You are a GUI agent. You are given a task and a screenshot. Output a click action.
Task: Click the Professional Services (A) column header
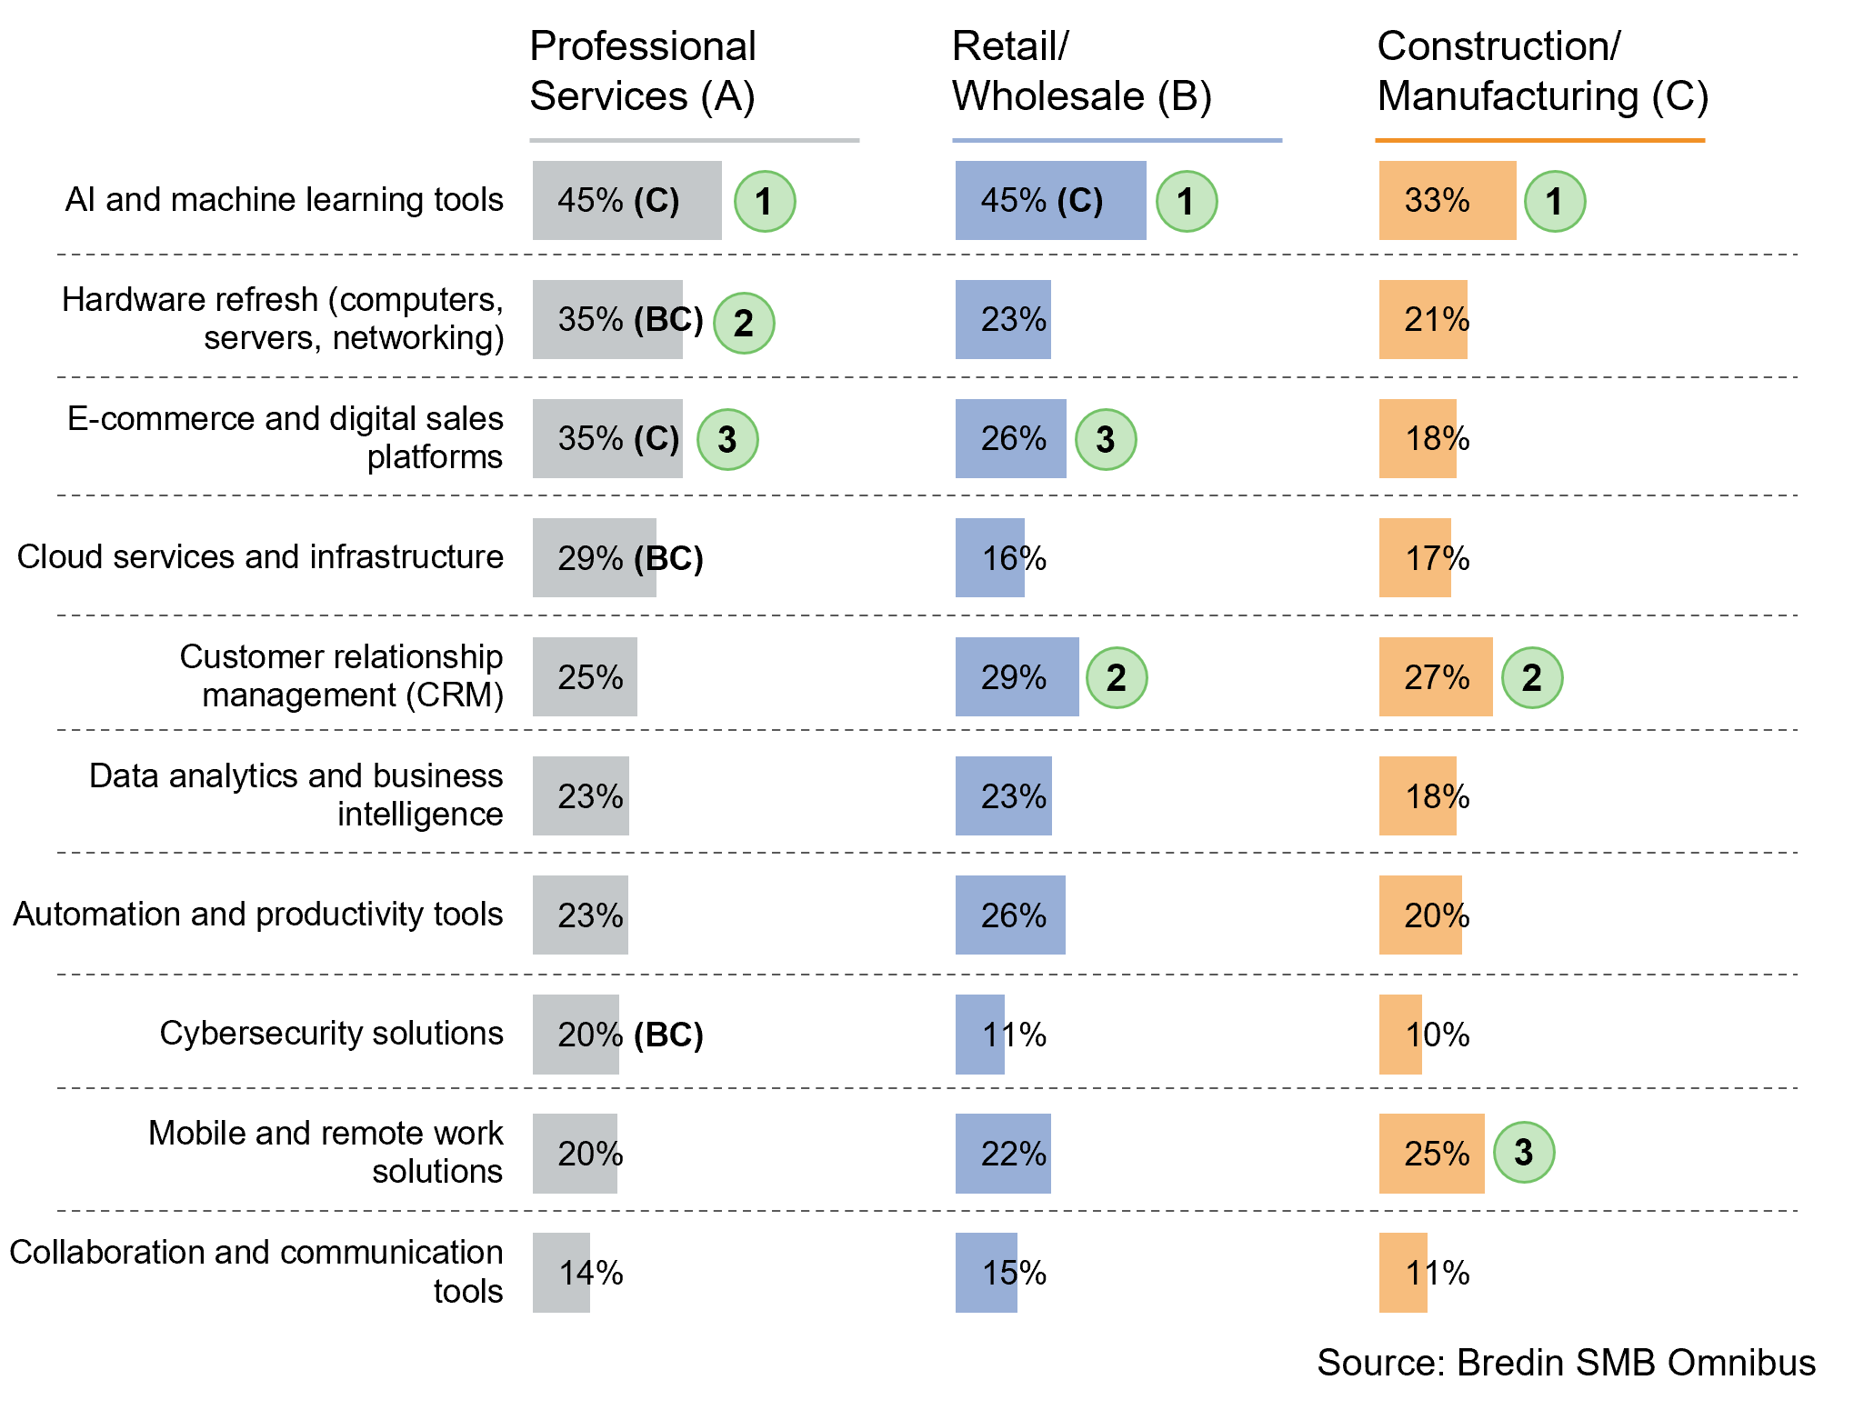[x=642, y=71]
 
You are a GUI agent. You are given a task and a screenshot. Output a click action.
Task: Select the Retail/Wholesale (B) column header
[x=1081, y=71]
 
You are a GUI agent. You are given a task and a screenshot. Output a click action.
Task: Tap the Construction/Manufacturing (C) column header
[x=1542, y=71]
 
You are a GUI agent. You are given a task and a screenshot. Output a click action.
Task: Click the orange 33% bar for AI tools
[x=1447, y=201]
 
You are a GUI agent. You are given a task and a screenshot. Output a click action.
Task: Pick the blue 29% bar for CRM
[x=1017, y=677]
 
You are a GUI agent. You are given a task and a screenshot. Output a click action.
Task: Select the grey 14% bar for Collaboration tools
[x=561, y=1273]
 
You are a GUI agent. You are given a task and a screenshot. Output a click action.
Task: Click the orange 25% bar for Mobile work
[x=1431, y=1154]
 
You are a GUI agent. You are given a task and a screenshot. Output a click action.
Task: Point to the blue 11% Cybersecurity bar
[x=979, y=1035]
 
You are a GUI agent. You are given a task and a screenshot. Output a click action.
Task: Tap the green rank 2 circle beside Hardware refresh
[x=744, y=323]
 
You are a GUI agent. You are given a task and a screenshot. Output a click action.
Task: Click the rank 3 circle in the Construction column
[x=1524, y=1153]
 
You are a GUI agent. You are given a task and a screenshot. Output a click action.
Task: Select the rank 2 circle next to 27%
[x=1532, y=677]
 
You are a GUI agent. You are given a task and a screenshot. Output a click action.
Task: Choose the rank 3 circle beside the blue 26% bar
[x=1106, y=440]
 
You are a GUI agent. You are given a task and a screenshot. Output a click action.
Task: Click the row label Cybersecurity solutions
[x=331, y=1034]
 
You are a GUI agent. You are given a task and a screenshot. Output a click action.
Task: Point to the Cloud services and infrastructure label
[x=260, y=557]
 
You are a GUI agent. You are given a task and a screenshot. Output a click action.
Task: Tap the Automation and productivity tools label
[x=258, y=915]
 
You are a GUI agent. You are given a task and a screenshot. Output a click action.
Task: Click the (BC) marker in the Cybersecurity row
[x=668, y=1035]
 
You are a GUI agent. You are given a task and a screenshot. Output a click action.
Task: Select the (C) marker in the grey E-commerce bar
[x=656, y=439]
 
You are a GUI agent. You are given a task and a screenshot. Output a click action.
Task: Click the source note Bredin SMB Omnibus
[x=1566, y=1363]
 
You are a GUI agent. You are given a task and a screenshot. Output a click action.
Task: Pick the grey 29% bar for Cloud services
[x=594, y=558]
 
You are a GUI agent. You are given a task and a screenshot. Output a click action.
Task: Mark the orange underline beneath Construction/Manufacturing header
[x=1539, y=141]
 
